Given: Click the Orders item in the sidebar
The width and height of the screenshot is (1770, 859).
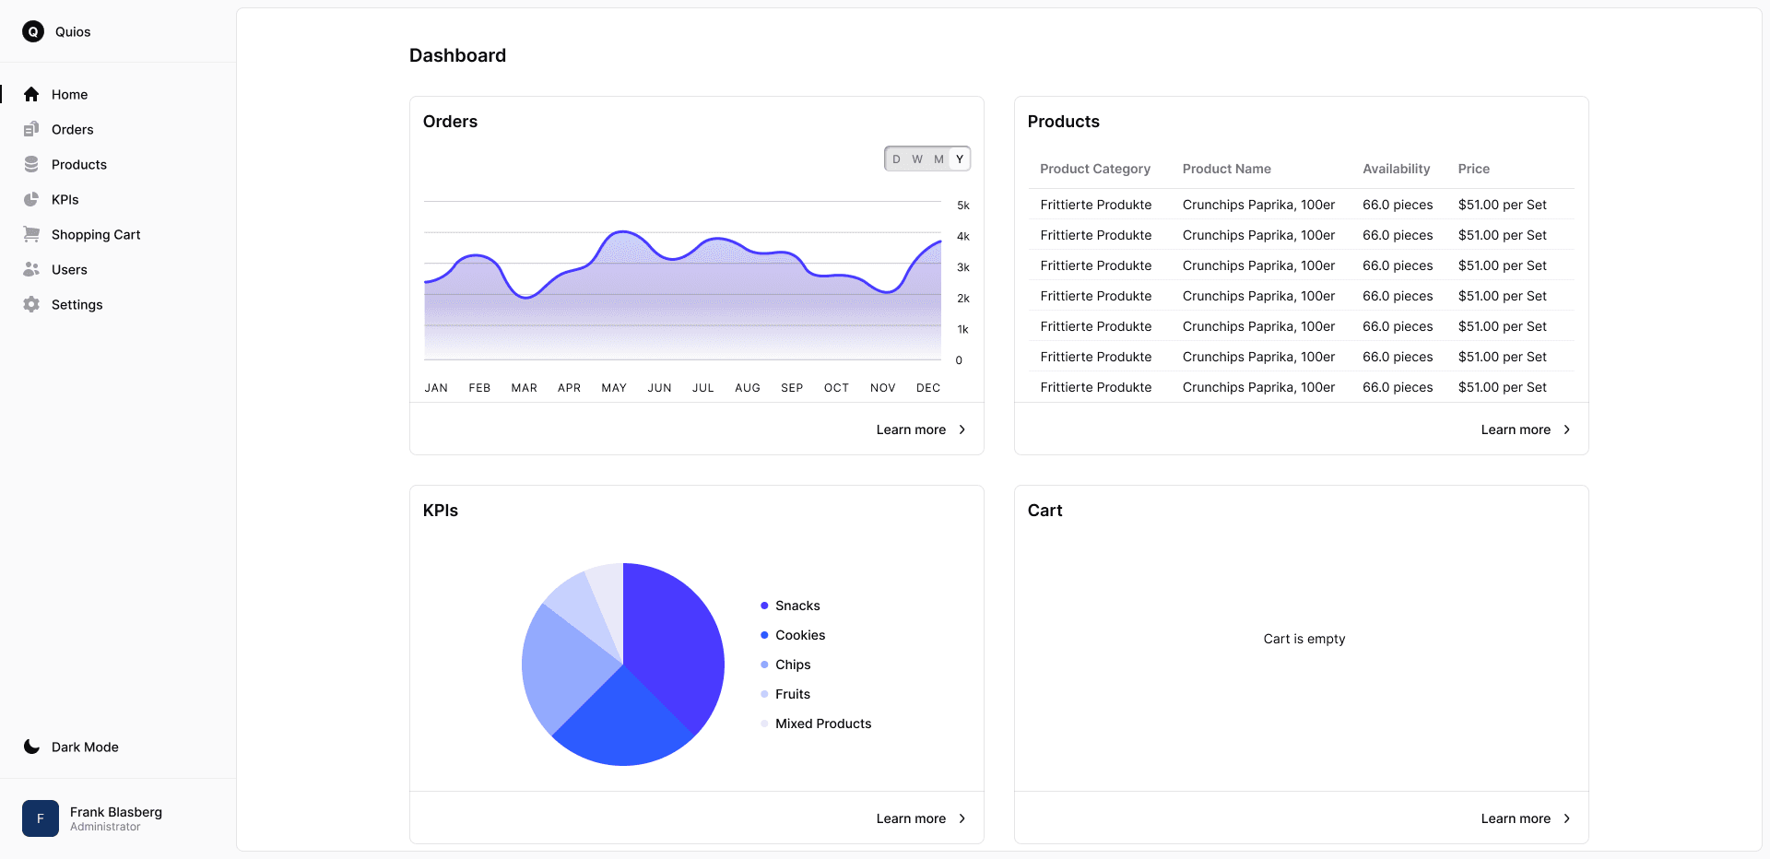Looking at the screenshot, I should click(72, 130).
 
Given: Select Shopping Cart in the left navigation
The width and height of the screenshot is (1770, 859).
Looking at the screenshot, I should click(95, 235).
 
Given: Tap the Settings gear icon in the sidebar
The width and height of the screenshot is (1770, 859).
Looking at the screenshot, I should click(31, 305).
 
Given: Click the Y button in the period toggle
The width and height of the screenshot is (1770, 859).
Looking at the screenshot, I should click(959, 159).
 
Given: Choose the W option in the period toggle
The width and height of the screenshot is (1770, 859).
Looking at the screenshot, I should click(917, 159).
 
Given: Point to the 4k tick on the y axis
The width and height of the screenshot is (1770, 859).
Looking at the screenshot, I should click(963, 237).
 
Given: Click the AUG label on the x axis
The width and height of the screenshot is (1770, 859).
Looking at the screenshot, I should click(747, 388).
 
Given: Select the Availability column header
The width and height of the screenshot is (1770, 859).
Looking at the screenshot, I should click(1396, 169).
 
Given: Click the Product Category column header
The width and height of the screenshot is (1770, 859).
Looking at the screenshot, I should click(1094, 169).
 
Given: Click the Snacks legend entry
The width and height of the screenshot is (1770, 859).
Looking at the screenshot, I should click(796, 606).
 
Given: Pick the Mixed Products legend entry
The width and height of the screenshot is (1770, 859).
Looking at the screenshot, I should click(822, 724).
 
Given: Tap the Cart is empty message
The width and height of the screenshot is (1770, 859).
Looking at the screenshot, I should click(1304, 639).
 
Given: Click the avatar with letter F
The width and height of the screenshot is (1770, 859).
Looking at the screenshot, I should click(41, 818).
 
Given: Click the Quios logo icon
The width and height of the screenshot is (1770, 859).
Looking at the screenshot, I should click(33, 32).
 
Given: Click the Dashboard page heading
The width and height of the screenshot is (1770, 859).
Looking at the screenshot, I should click(457, 55).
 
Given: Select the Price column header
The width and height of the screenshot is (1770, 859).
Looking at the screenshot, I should click(1473, 169).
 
